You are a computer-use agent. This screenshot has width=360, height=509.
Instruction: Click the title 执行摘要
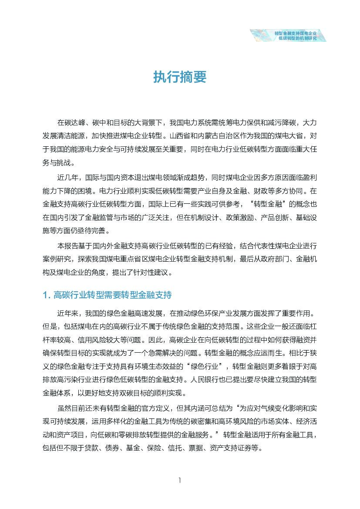click(x=179, y=77)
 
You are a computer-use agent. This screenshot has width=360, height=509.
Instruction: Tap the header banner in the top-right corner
click(x=289, y=35)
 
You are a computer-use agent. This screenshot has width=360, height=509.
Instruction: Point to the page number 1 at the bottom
click(x=179, y=480)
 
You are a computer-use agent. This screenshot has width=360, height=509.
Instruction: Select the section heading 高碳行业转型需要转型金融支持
click(x=112, y=295)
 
